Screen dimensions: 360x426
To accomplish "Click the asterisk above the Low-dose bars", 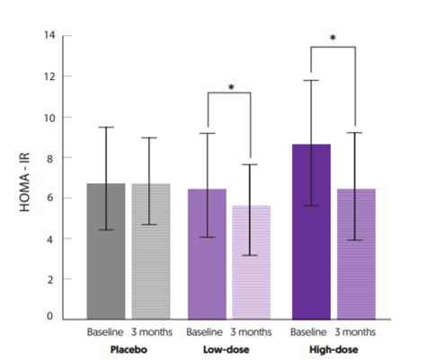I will click(231, 88).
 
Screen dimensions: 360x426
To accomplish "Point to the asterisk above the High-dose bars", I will click(333, 39).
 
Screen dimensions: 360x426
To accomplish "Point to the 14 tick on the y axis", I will click(51, 35).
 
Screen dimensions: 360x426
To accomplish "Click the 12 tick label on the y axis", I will click(51, 76).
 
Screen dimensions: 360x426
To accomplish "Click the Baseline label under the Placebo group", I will click(105, 332).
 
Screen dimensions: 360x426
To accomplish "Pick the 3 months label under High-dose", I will click(357, 332).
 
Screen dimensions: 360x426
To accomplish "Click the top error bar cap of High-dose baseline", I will click(311, 81).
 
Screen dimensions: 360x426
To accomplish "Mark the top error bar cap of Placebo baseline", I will click(105, 127).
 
